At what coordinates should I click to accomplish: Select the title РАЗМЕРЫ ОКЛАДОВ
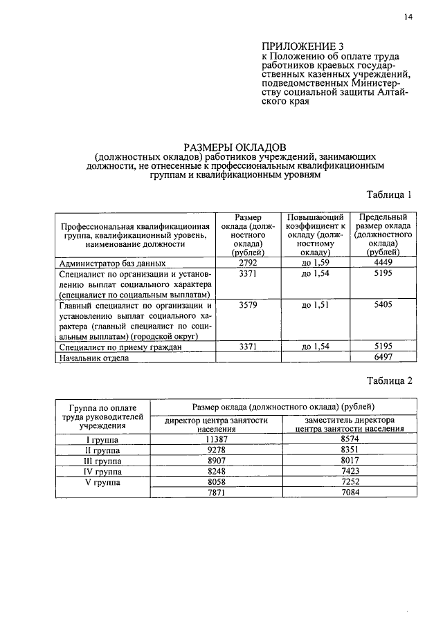[233, 147]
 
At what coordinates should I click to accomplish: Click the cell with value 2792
[248, 264]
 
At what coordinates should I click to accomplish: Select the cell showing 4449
[382, 264]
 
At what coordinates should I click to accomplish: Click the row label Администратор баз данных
[113, 264]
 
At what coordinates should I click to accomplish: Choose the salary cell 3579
[248, 305]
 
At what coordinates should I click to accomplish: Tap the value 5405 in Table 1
[382, 305]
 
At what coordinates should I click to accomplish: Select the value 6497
[382, 357]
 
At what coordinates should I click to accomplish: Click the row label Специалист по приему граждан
[121, 347]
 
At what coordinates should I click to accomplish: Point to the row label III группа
[102, 461]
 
